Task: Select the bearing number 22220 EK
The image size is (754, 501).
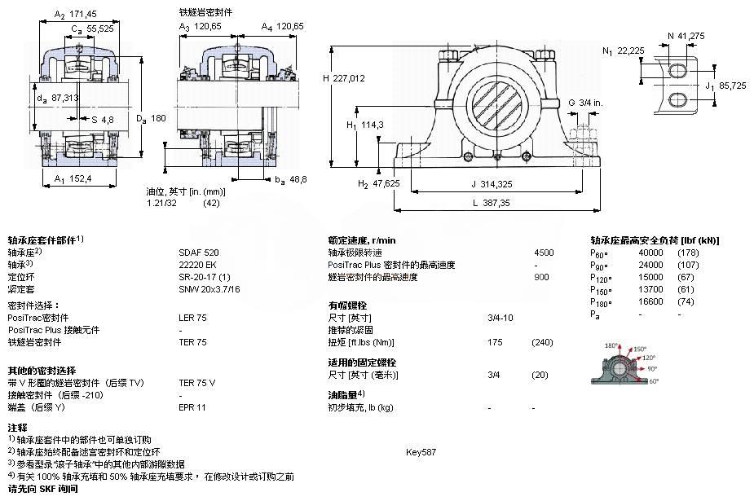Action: tap(197, 265)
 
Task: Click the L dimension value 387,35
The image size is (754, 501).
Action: tap(493, 203)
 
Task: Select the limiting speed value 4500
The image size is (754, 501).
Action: tap(544, 253)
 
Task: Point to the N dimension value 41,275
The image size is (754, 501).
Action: tap(691, 36)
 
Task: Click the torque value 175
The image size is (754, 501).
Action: tap(494, 342)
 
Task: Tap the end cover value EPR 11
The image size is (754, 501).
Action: tap(192, 407)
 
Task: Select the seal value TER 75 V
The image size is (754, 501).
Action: tap(197, 382)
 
